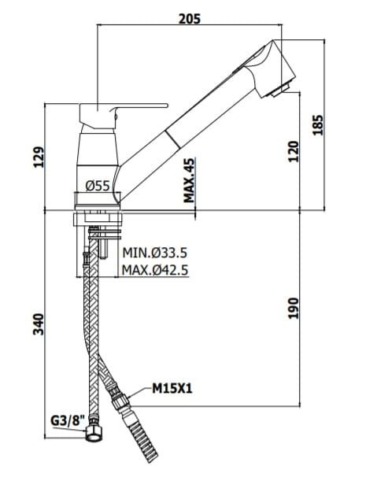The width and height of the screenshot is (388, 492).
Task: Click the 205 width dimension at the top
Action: click(x=189, y=19)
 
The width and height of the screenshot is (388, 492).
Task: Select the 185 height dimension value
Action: click(x=318, y=125)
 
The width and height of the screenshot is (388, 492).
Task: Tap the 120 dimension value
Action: click(x=293, y=152)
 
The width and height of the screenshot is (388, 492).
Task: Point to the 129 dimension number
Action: click(x=39, y=157)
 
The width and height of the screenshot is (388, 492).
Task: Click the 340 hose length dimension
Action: click(x=39, y=324)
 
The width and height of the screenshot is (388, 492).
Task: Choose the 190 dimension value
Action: click(x=293, y=308)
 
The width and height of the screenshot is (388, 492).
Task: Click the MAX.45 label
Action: click(x=189, y=180)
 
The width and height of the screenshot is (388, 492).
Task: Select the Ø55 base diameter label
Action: click(x=98, y=186)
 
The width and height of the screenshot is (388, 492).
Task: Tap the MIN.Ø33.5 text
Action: click(x=154, y=252)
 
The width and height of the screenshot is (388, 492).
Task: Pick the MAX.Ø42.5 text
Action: click(x=154, y=269)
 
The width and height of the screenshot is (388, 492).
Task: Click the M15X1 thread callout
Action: click(x=172, y=389)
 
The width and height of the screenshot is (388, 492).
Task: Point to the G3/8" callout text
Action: click(x=68, y=420)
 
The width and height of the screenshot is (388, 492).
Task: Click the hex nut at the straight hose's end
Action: click(x=94, y=432)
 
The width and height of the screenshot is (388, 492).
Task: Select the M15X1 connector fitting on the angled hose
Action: click(x=120, y=397)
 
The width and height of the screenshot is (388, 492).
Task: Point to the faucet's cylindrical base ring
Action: click(x=98, y=200)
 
